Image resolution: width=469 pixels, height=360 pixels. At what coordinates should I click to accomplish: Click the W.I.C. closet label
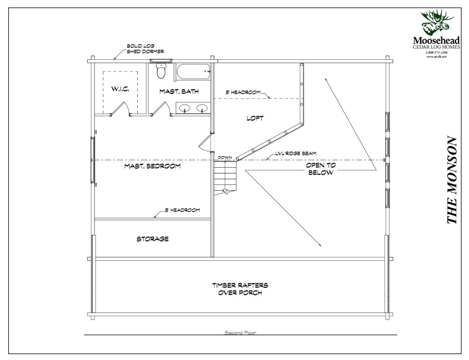120,89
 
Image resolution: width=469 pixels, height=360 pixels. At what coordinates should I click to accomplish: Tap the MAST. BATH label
179,92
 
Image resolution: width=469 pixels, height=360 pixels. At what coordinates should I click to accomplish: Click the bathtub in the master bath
192,72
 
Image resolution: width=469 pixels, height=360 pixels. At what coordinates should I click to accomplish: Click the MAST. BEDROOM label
152,166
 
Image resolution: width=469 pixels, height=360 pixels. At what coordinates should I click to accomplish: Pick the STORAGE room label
152,239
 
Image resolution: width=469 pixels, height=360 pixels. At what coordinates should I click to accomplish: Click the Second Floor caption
240,333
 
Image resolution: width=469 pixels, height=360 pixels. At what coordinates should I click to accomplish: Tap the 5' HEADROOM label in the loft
243,92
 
